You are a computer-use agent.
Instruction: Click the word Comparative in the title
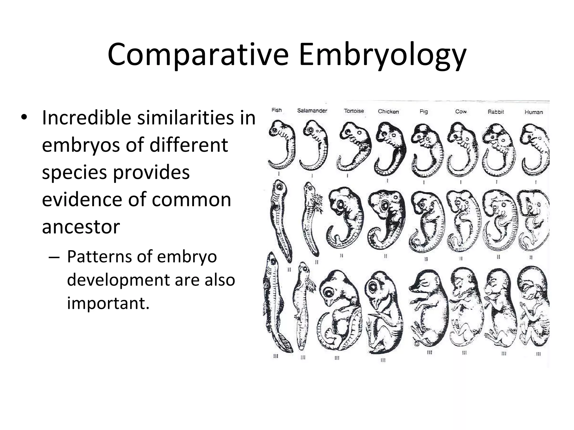(198, 55)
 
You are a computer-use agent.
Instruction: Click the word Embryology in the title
(382, 55)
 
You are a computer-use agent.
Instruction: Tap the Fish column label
(277, 110)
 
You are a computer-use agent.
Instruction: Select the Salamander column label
(312, 111)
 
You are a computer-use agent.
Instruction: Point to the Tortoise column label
(354, 111)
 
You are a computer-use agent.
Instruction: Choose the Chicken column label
(388, 111)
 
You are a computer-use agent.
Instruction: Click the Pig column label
(423, 111)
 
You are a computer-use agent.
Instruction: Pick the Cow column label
(461, 111)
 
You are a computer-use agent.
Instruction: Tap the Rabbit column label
(496, 112)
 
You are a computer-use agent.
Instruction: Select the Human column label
(534, 112)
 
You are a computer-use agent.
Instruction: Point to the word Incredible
(86, 118)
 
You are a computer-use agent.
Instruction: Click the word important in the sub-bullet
(108, 303)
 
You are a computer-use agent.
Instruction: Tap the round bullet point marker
(24, 117)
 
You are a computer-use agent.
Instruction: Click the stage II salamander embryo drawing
(312, 218)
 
